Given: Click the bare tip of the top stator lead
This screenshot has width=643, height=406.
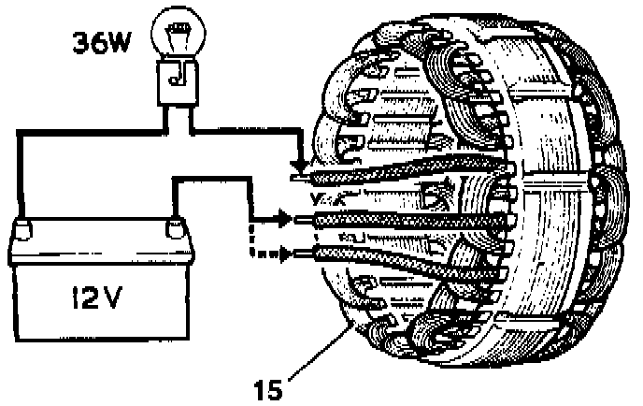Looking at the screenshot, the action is point(300,176).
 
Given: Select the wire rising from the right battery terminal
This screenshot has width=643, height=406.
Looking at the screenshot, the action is point(174,202).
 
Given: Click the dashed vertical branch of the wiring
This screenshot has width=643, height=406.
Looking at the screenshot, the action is point(250,239).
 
